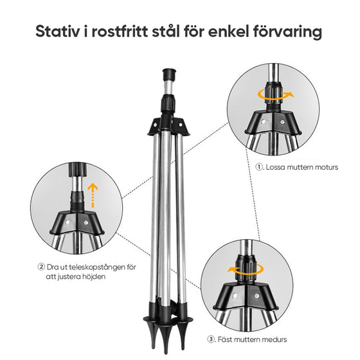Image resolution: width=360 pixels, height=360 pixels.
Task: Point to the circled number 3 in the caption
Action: (x=211, y=339)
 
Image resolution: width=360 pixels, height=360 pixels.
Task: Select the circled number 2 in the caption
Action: (x=40, y=267)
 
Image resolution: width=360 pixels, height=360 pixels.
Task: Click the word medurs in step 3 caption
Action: (x=274, y=339)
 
